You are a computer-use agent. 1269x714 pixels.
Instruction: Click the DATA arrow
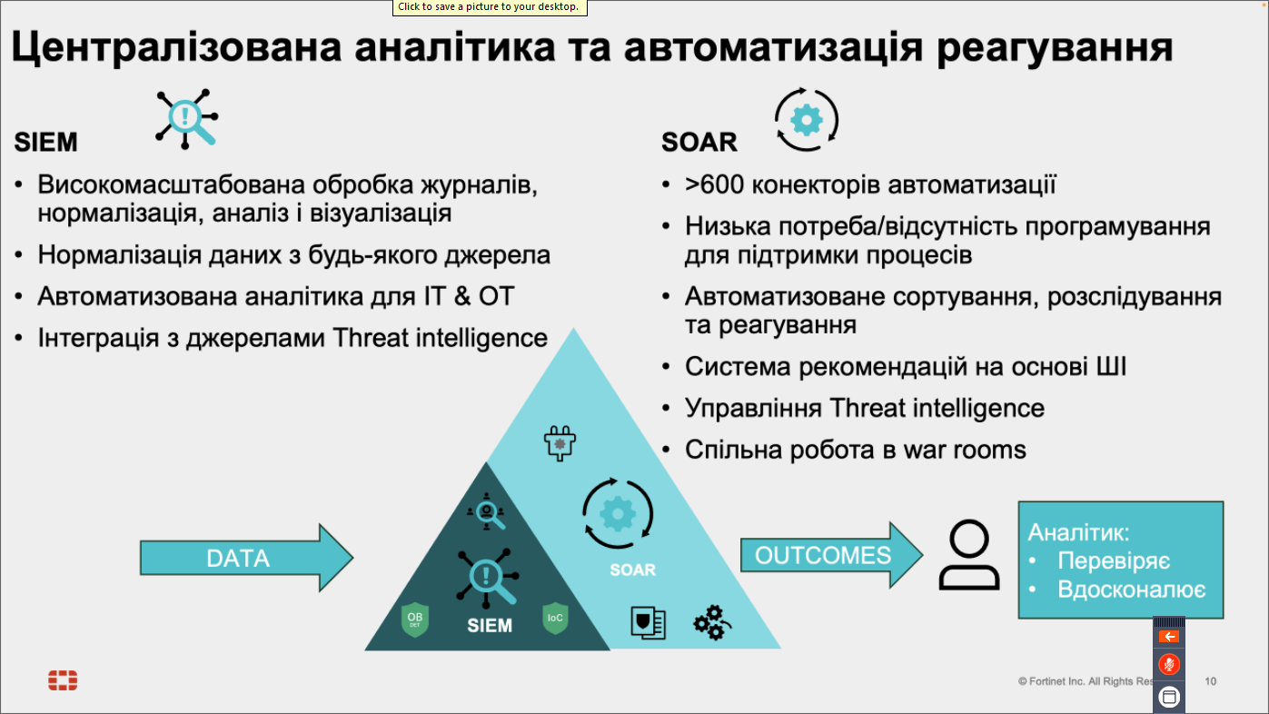(x=246, y=558)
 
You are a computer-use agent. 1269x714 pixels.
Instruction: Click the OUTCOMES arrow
(x=832, y=555)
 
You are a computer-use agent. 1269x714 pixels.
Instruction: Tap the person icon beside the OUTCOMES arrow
(x=968, y=555)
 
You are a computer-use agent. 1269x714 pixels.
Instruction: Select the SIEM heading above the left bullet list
(x=46, y=142)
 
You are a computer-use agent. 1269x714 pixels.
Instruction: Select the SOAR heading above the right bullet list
(x=699, y=142)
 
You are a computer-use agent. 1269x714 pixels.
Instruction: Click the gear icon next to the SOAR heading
(x=806, y=120)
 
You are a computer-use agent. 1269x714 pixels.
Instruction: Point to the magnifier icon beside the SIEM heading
(x=186, y=119)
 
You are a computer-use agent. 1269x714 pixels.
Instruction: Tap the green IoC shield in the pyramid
(x=555, y=619)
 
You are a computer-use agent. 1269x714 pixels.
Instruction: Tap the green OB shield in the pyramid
(x=415, y=620)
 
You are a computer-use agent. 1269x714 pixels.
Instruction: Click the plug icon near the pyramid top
(x=560, y=443)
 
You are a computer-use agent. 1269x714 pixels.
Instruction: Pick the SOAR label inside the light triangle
(x=632, y=570)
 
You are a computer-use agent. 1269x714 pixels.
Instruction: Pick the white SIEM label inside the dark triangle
(x=490, y=626)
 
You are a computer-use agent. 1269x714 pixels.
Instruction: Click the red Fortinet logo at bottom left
(x=63, y=680)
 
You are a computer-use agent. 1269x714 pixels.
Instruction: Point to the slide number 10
(x=1210, y=681)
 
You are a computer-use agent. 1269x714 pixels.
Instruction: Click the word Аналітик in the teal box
(x=1078, y=532)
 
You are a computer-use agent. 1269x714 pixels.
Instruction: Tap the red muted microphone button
(x=1169, y=664)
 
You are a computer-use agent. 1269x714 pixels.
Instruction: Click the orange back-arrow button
(x=1169, y=637)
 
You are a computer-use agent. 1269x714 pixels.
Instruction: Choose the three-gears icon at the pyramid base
(x=712, y=622)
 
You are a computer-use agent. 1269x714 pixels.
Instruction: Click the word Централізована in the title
(x=177, y=47)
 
